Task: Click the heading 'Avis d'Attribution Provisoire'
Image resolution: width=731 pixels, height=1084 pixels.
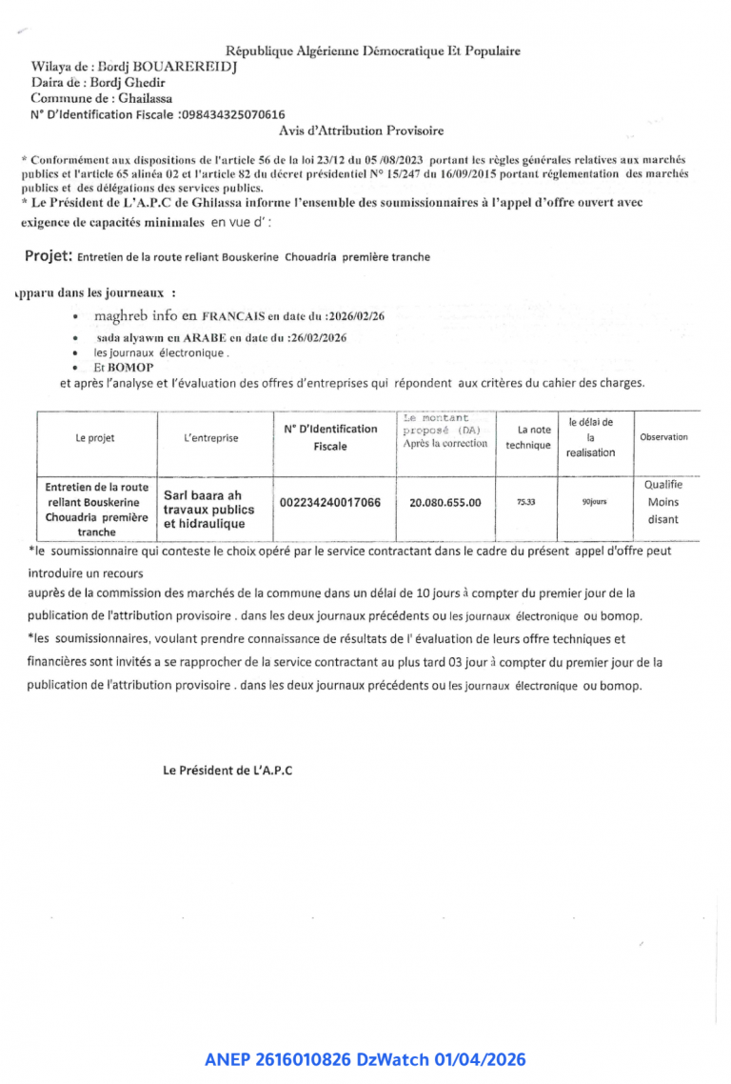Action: tap(361, 130)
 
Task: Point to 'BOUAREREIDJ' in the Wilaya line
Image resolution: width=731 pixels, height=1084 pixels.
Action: tap(184, 67)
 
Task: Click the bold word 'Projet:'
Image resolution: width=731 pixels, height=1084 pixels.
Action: tap(49, 256)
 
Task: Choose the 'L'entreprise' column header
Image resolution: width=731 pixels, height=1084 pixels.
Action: tap(211, 438)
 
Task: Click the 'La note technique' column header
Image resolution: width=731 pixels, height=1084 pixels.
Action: tap(527, 437)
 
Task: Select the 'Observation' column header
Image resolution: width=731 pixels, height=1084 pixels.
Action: tap(663, 437)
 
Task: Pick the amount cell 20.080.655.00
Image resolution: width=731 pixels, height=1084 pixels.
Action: tap(445, 503)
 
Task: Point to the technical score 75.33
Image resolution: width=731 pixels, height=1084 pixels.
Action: tap(526, 502)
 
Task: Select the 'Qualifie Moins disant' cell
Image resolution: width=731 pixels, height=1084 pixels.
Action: tap(663, 502)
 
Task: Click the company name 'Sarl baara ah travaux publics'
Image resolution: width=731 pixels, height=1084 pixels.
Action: tap(204, 509)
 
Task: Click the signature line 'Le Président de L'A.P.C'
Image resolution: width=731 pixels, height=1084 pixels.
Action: tap(227, 771)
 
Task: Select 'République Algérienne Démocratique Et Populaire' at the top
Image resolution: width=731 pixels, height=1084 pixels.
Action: tap(373, 50)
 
